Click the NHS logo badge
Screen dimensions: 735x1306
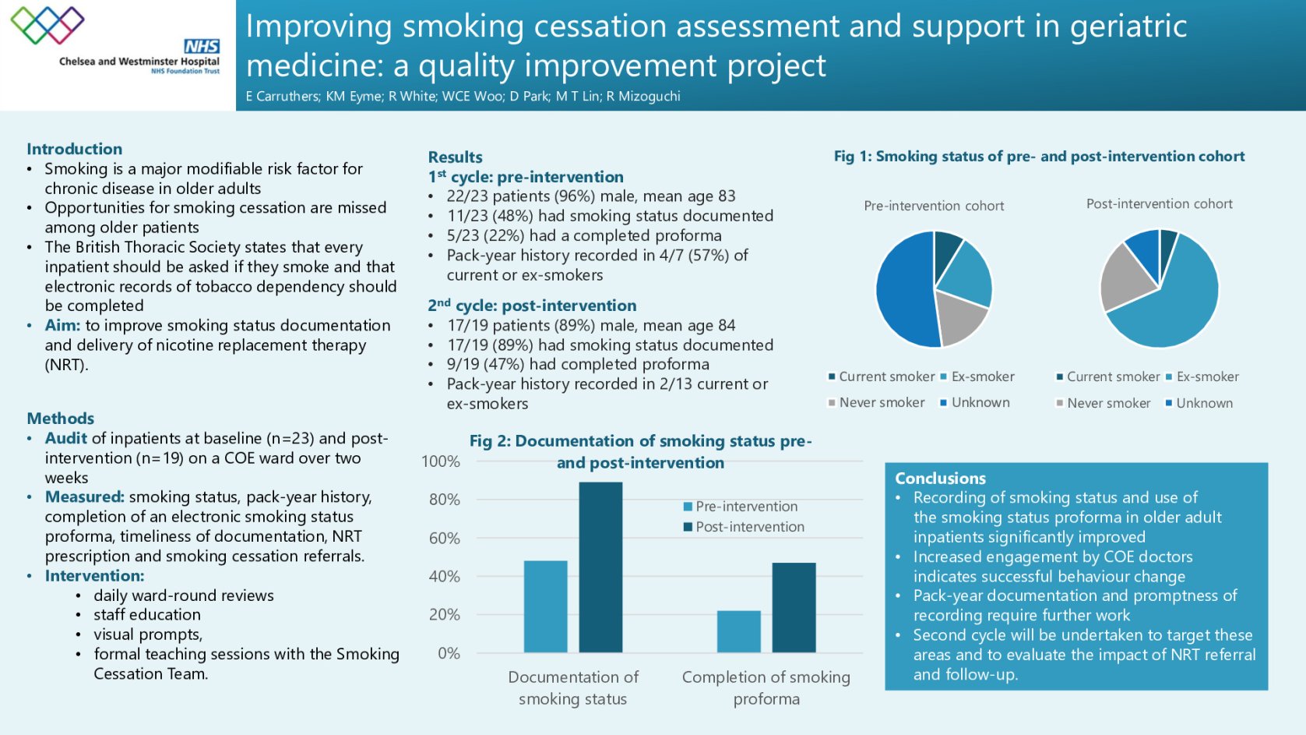(x=202, y=47)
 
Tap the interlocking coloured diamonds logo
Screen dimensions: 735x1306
(x=48, y=25)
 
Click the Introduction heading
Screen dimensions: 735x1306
(x=74, y=149)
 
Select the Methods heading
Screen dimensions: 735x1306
(x=60, y=419)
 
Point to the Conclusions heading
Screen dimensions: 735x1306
(x=940, y=479)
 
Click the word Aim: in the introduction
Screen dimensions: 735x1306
(x=62, y=326)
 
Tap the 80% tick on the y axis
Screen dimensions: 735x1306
(x=445, y=500)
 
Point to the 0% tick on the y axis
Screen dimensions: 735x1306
(x=449, y=653)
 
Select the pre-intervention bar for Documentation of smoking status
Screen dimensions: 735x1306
(x=545, y=606)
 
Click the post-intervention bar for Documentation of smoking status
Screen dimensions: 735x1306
(x=600, y=567)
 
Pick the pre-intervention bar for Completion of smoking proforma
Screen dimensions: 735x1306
(x=738, y=631)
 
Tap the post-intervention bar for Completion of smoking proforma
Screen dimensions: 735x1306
(x=794, y=607)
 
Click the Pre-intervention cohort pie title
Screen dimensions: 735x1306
(x=934, y=206)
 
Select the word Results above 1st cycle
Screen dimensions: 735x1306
(x=455, y=157)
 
